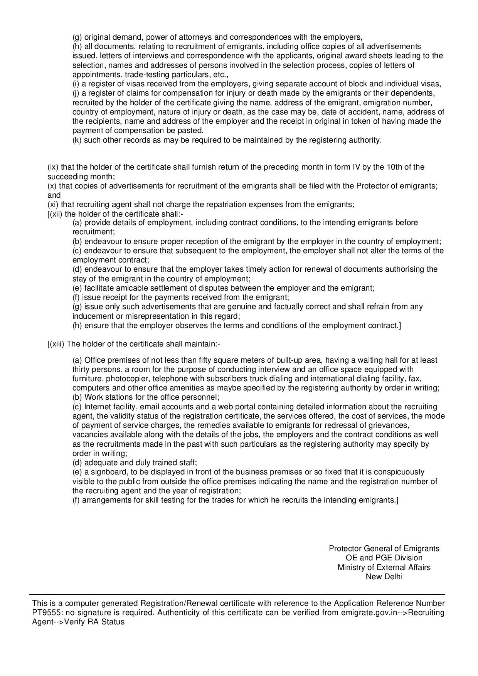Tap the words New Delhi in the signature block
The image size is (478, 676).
click(384, 577)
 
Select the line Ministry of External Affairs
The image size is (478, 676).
click(384, 567)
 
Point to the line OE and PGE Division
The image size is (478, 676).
click(384, 558)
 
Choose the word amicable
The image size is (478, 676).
click(121, 288)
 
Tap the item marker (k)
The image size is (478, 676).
click(77, 140)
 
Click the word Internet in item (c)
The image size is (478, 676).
click(96, 407)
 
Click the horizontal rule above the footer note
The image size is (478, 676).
click(237, 594)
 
